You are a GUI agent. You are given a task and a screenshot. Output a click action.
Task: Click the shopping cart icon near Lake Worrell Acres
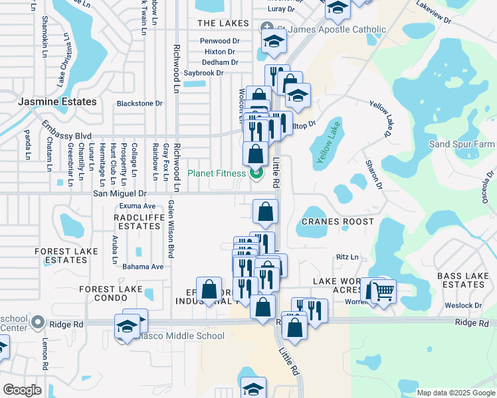click(x=384, y=290)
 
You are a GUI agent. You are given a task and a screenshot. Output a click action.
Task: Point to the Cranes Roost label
click(x=338, y=221)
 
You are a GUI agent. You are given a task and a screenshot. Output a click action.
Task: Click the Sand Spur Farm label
click(x=462, y=144)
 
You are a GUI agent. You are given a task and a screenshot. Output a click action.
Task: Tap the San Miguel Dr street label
click(x=120, y=194)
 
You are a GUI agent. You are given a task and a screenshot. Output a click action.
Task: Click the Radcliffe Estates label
click(x=137, y=222)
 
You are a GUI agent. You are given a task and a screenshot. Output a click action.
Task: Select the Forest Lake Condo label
click(x=111, y=289)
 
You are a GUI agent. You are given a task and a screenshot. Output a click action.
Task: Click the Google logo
click(x=22, y=390)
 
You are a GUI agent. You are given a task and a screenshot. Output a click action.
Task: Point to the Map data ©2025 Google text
click(x=455, y=393)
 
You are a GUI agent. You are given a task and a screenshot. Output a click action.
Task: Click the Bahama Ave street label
click(x=143, y=267)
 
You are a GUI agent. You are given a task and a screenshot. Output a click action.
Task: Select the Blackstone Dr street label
click(x=140, y=103)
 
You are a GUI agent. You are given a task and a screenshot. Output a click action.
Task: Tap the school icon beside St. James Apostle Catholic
click(x=273, y=41)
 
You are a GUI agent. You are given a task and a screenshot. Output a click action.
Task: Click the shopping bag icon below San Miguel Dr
click(x=265, y=212)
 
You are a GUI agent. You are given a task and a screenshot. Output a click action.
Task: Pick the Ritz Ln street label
click(x=348, y=257)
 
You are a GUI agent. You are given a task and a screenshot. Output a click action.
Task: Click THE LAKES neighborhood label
click(x=223, y=23)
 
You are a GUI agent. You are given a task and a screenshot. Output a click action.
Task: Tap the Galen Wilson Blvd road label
click(x=171, y=228)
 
